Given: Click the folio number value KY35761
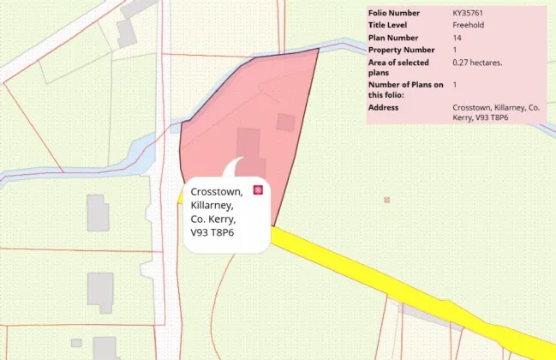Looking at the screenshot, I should point(469,14).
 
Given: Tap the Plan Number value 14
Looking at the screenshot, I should point(457,38).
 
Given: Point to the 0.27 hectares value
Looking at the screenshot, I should point(477,62).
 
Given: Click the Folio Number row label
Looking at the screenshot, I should point(394,14).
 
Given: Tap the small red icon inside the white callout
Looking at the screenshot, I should point(258,189).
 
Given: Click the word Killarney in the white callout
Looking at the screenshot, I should point(211,206).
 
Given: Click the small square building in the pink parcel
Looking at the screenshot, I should point(285,123).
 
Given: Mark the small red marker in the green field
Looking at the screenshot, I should point(387,200).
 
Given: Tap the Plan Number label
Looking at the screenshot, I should point(393,38).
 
